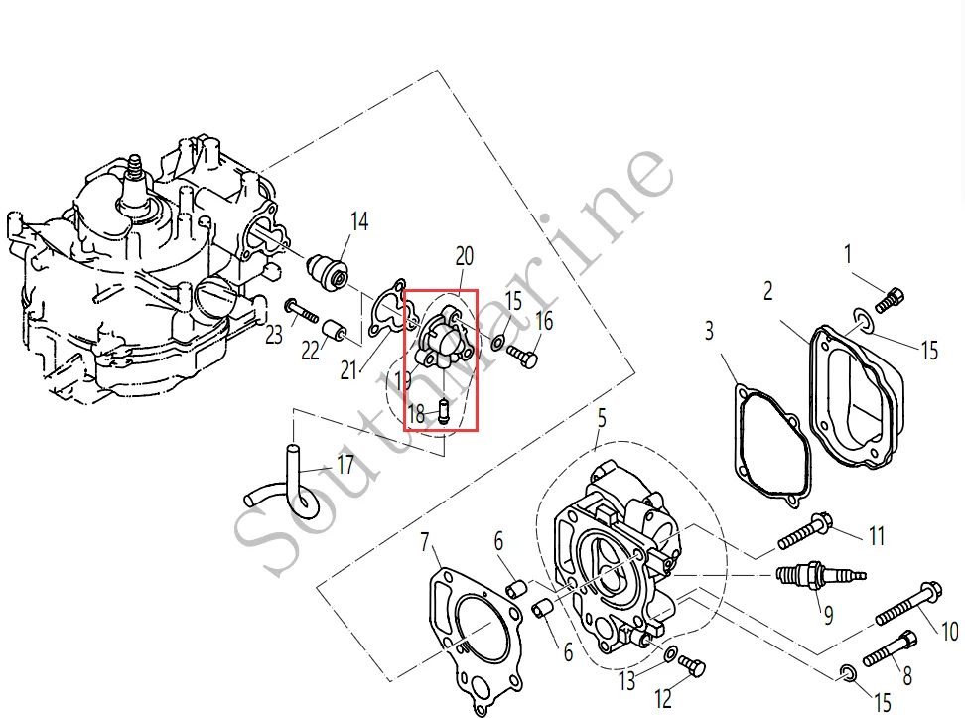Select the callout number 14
click(359, 221)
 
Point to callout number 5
click(601, 419)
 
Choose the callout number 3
click(709, 330)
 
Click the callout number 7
click(425, 542)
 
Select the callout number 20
click(465, 256)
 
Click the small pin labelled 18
click(443, 411)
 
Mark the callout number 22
click(309, 351)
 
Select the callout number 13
click(626, 681)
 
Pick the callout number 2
click(768, 291)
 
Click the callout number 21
click(347, 370)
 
